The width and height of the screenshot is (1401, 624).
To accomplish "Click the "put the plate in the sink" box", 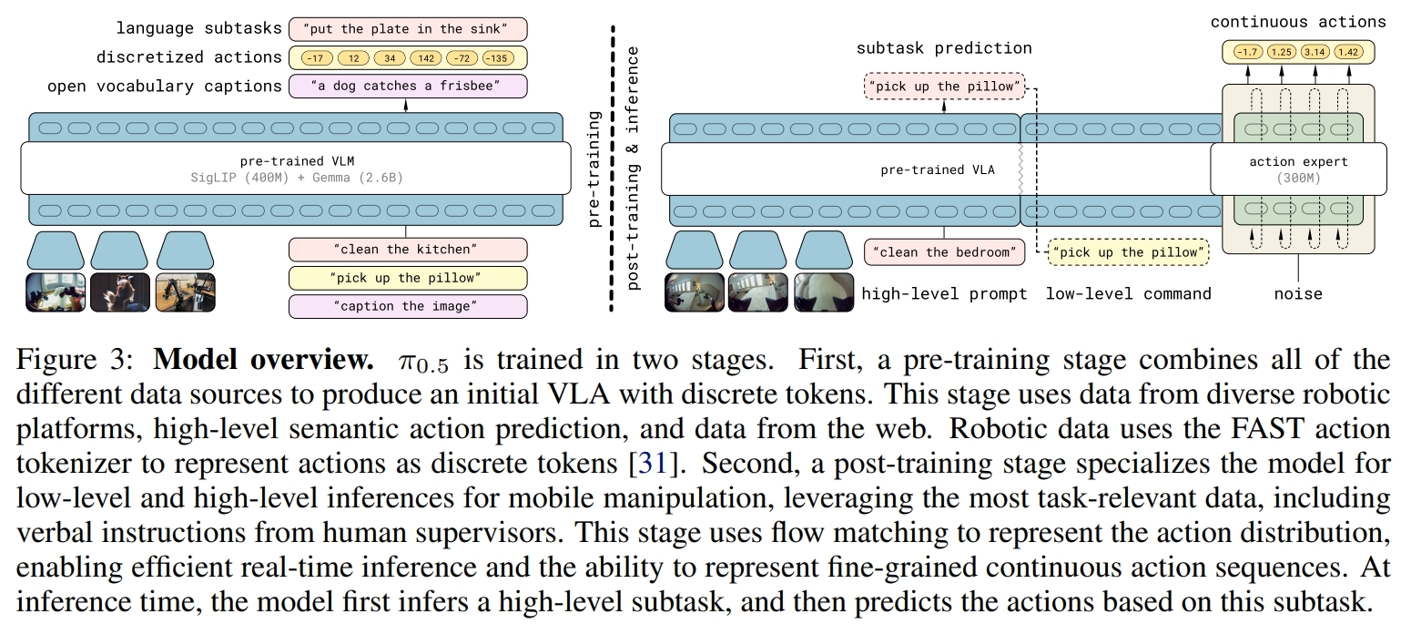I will [x=407, y=28].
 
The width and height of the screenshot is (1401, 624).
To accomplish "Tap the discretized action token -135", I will [x=498, y=58].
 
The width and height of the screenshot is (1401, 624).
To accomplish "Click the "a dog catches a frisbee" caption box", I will [x=407, y=87].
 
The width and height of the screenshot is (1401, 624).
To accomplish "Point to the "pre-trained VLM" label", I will [x=297, y=161].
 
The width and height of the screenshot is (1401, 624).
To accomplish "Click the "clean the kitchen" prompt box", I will [x=407, y=249].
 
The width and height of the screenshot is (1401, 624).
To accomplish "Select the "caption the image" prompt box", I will [x=407, y=306].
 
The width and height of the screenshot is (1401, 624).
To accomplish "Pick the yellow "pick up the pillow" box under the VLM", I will [x=407, y=278].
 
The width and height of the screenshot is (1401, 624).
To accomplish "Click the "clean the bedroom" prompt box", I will [x=945, y=251].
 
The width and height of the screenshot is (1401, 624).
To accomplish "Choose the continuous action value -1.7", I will [x=1246, y=52].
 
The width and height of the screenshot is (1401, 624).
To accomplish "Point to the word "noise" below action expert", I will [x=1298, y=294].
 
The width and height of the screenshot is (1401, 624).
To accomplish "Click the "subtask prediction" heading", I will [x=944, y=48].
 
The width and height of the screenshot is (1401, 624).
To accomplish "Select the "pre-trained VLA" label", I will [x=938, y=169].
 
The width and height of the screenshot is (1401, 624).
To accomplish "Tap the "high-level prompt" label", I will [x=944, y=293].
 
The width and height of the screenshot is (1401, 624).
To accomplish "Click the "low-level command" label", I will [x=1128, y=293].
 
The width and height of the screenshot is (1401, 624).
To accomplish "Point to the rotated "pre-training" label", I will [x=595, y=169].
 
